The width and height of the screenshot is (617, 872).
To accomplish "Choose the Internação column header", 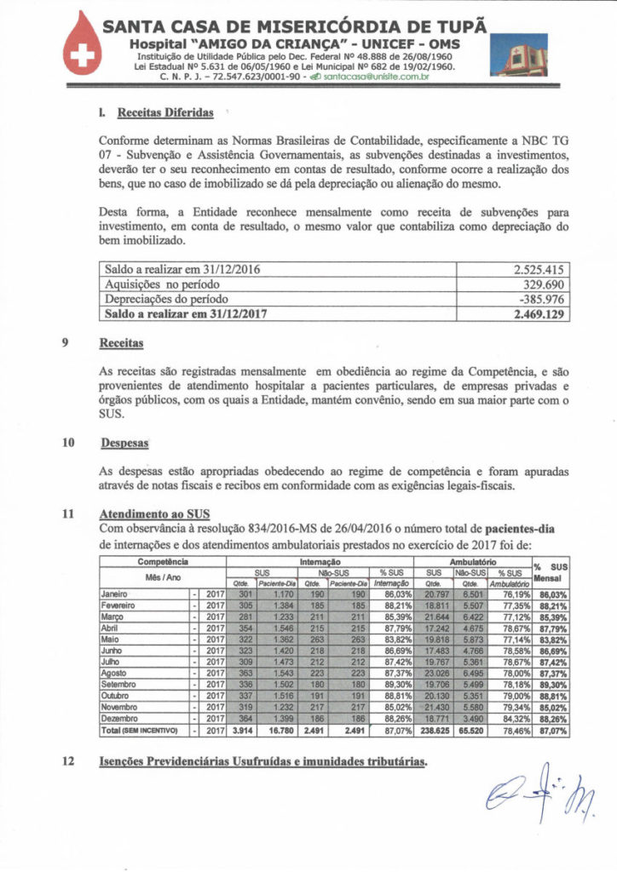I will (x=320, y=563).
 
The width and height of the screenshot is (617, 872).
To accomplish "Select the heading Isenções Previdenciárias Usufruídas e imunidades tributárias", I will (x=262, y=760).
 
